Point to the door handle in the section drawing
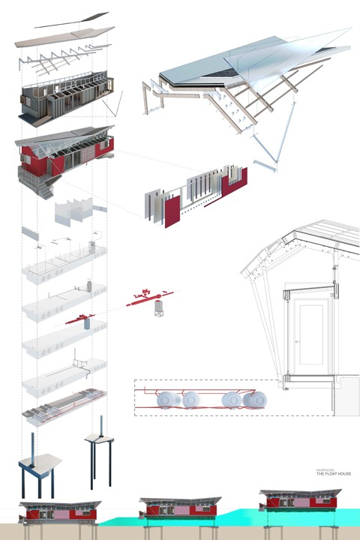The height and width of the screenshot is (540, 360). pyautogui.click(x=298, y=342)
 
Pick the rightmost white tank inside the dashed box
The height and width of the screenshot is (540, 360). pyautogui.click(x=253, y=400)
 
